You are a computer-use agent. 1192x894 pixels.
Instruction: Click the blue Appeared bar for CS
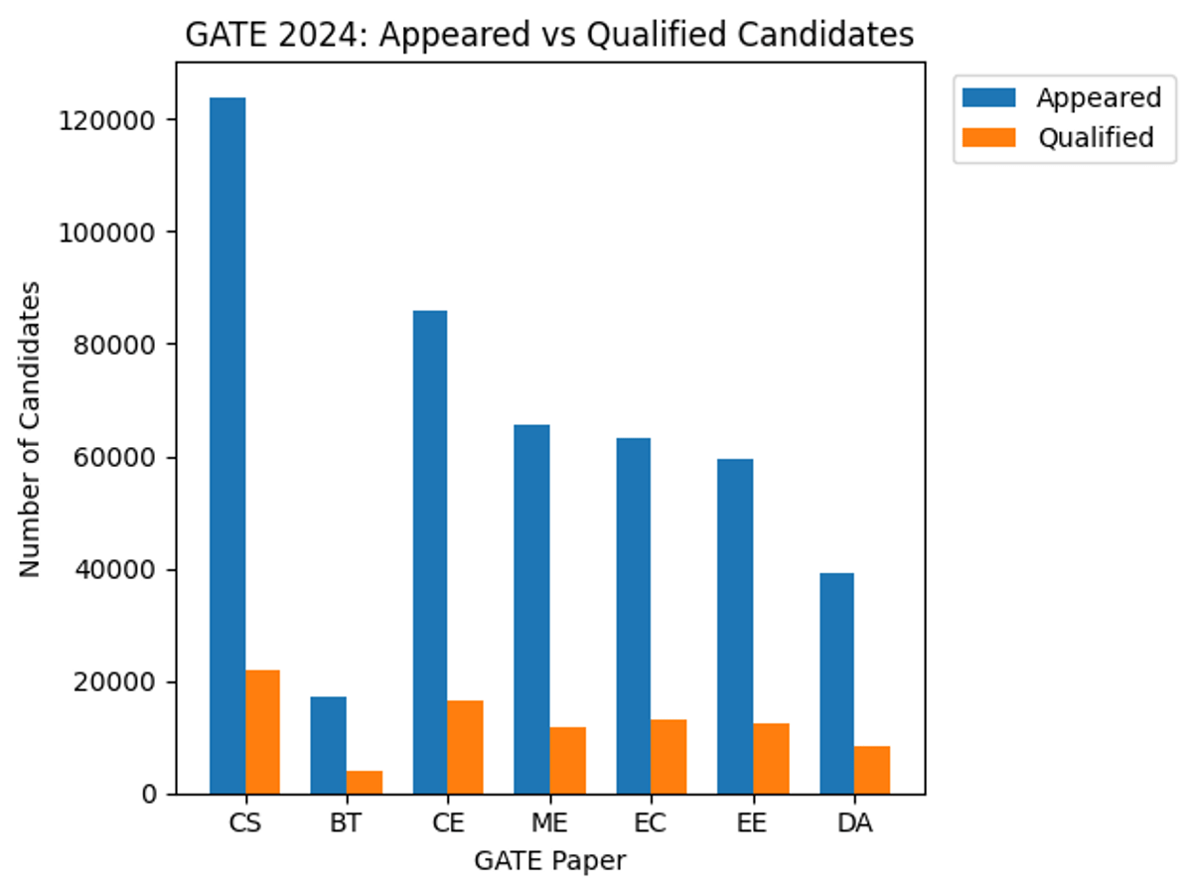coord(227,447)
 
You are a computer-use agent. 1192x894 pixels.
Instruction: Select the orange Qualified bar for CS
coord(262,732)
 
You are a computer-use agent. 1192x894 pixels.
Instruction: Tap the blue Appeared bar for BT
coord(329,745)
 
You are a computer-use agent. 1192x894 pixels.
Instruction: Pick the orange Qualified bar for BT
coord(365,782)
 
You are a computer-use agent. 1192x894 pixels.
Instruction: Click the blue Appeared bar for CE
coord(430,552)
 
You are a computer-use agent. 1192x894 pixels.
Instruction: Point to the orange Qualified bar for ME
coord(567,760)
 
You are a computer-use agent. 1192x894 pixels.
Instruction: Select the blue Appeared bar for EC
coord(633,616)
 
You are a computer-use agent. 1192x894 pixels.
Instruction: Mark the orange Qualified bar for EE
coord(771,758)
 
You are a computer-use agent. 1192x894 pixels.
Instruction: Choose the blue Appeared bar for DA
coord(836,683)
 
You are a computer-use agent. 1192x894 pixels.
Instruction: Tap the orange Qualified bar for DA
coord(872,770)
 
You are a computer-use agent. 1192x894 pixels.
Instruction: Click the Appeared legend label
coord(1099,97)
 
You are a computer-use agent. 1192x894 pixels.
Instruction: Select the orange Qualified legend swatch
coord(989,137)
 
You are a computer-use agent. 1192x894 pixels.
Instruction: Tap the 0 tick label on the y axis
coord(147,795)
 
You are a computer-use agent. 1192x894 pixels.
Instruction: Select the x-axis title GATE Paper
coord(549,860)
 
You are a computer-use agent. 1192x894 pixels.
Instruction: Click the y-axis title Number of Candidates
coord(31,428)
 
